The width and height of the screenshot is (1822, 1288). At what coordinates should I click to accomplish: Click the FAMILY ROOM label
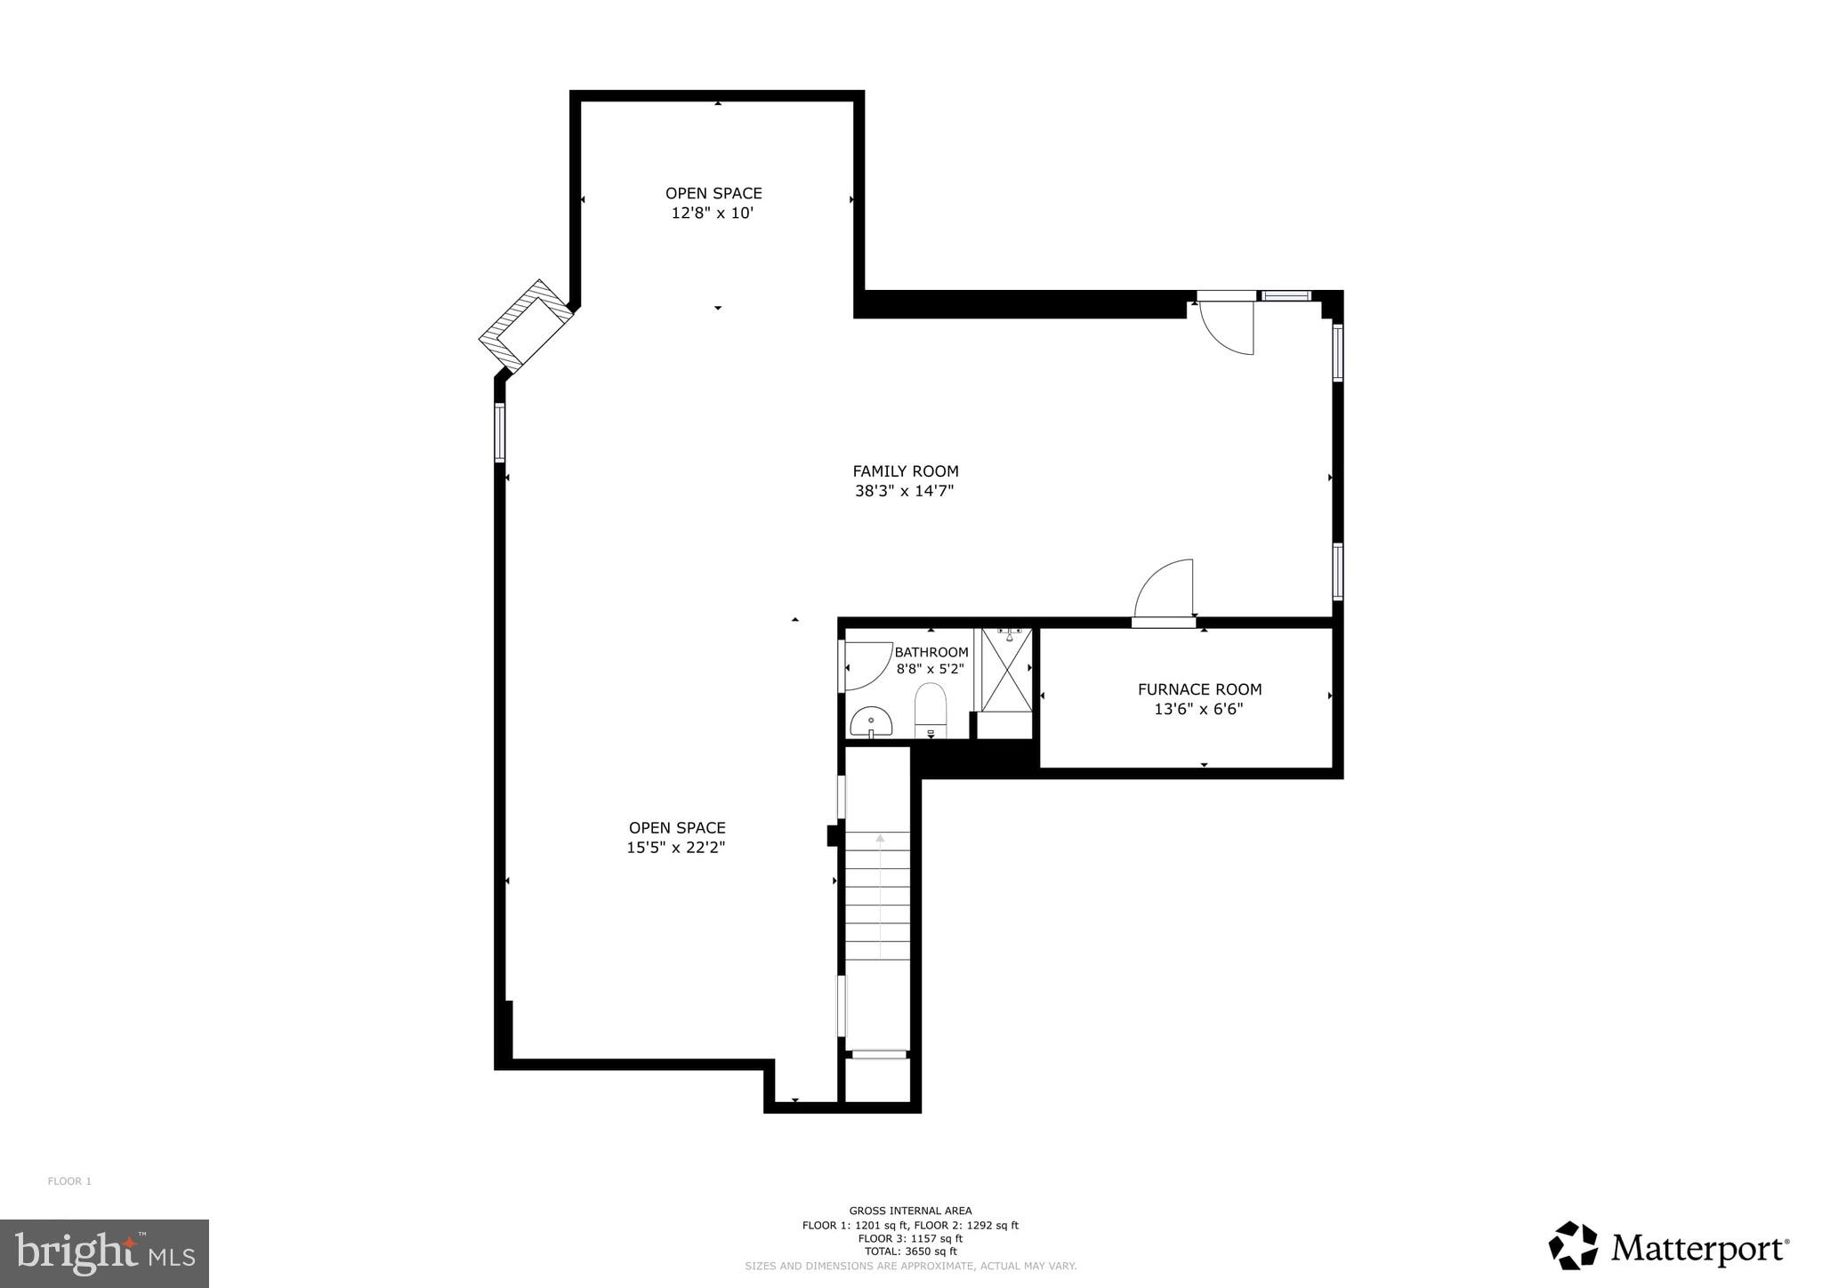click(905, 471)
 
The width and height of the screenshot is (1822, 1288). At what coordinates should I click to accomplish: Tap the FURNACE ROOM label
click(1199, 689)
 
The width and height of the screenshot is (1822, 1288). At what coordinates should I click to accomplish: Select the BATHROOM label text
click(931, 652)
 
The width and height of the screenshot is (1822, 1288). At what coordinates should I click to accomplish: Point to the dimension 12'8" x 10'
click(713, 213)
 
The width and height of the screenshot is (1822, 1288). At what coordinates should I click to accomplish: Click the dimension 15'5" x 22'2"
click(676, 848)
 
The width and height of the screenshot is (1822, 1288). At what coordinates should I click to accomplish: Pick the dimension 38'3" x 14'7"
click(905, 491)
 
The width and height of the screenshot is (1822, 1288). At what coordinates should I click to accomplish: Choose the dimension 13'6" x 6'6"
click(1198, 709)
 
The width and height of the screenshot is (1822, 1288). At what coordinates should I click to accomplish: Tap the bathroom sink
click(870, 721)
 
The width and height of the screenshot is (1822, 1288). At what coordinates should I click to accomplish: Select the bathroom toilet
click(931, 710)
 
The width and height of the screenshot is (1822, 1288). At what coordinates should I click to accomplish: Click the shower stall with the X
click(1006, 670)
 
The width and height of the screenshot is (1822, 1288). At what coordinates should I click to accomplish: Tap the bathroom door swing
click(865, 665)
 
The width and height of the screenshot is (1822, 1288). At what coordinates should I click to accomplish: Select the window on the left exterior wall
click(500, 432)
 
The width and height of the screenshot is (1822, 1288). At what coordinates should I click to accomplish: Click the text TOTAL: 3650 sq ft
click(910, 1251)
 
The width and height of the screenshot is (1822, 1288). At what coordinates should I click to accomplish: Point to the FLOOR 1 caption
click(69, 1181)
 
